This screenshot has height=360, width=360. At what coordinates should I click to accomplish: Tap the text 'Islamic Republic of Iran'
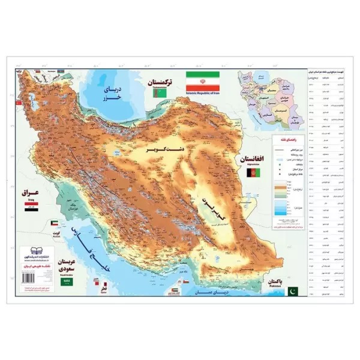coord(202,94)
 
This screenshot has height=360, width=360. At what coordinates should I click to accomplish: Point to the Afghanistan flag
coord(253,173)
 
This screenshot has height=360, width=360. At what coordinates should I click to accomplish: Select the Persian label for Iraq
coord(31,194)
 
